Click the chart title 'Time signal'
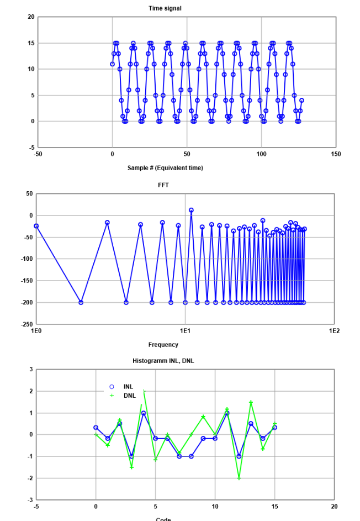(165, 8)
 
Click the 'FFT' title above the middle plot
(163, 185)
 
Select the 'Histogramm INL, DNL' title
(163, 361)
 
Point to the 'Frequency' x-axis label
(163, 345)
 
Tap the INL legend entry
(128, 387)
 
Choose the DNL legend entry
(129, 396)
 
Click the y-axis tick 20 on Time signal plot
(31, 17)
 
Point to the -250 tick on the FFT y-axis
(27, 324)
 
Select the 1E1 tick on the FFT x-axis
(185, 330)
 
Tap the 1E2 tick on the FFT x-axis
(333, 330)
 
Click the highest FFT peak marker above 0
(191, 210)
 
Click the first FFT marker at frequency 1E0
(36, 226)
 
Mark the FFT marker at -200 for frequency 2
(81, 302)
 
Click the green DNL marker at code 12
(239, 478)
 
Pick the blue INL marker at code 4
(144, 413)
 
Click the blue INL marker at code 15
(274, 427)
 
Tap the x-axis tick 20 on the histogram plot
(334, 506)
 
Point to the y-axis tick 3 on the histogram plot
(31, 369)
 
